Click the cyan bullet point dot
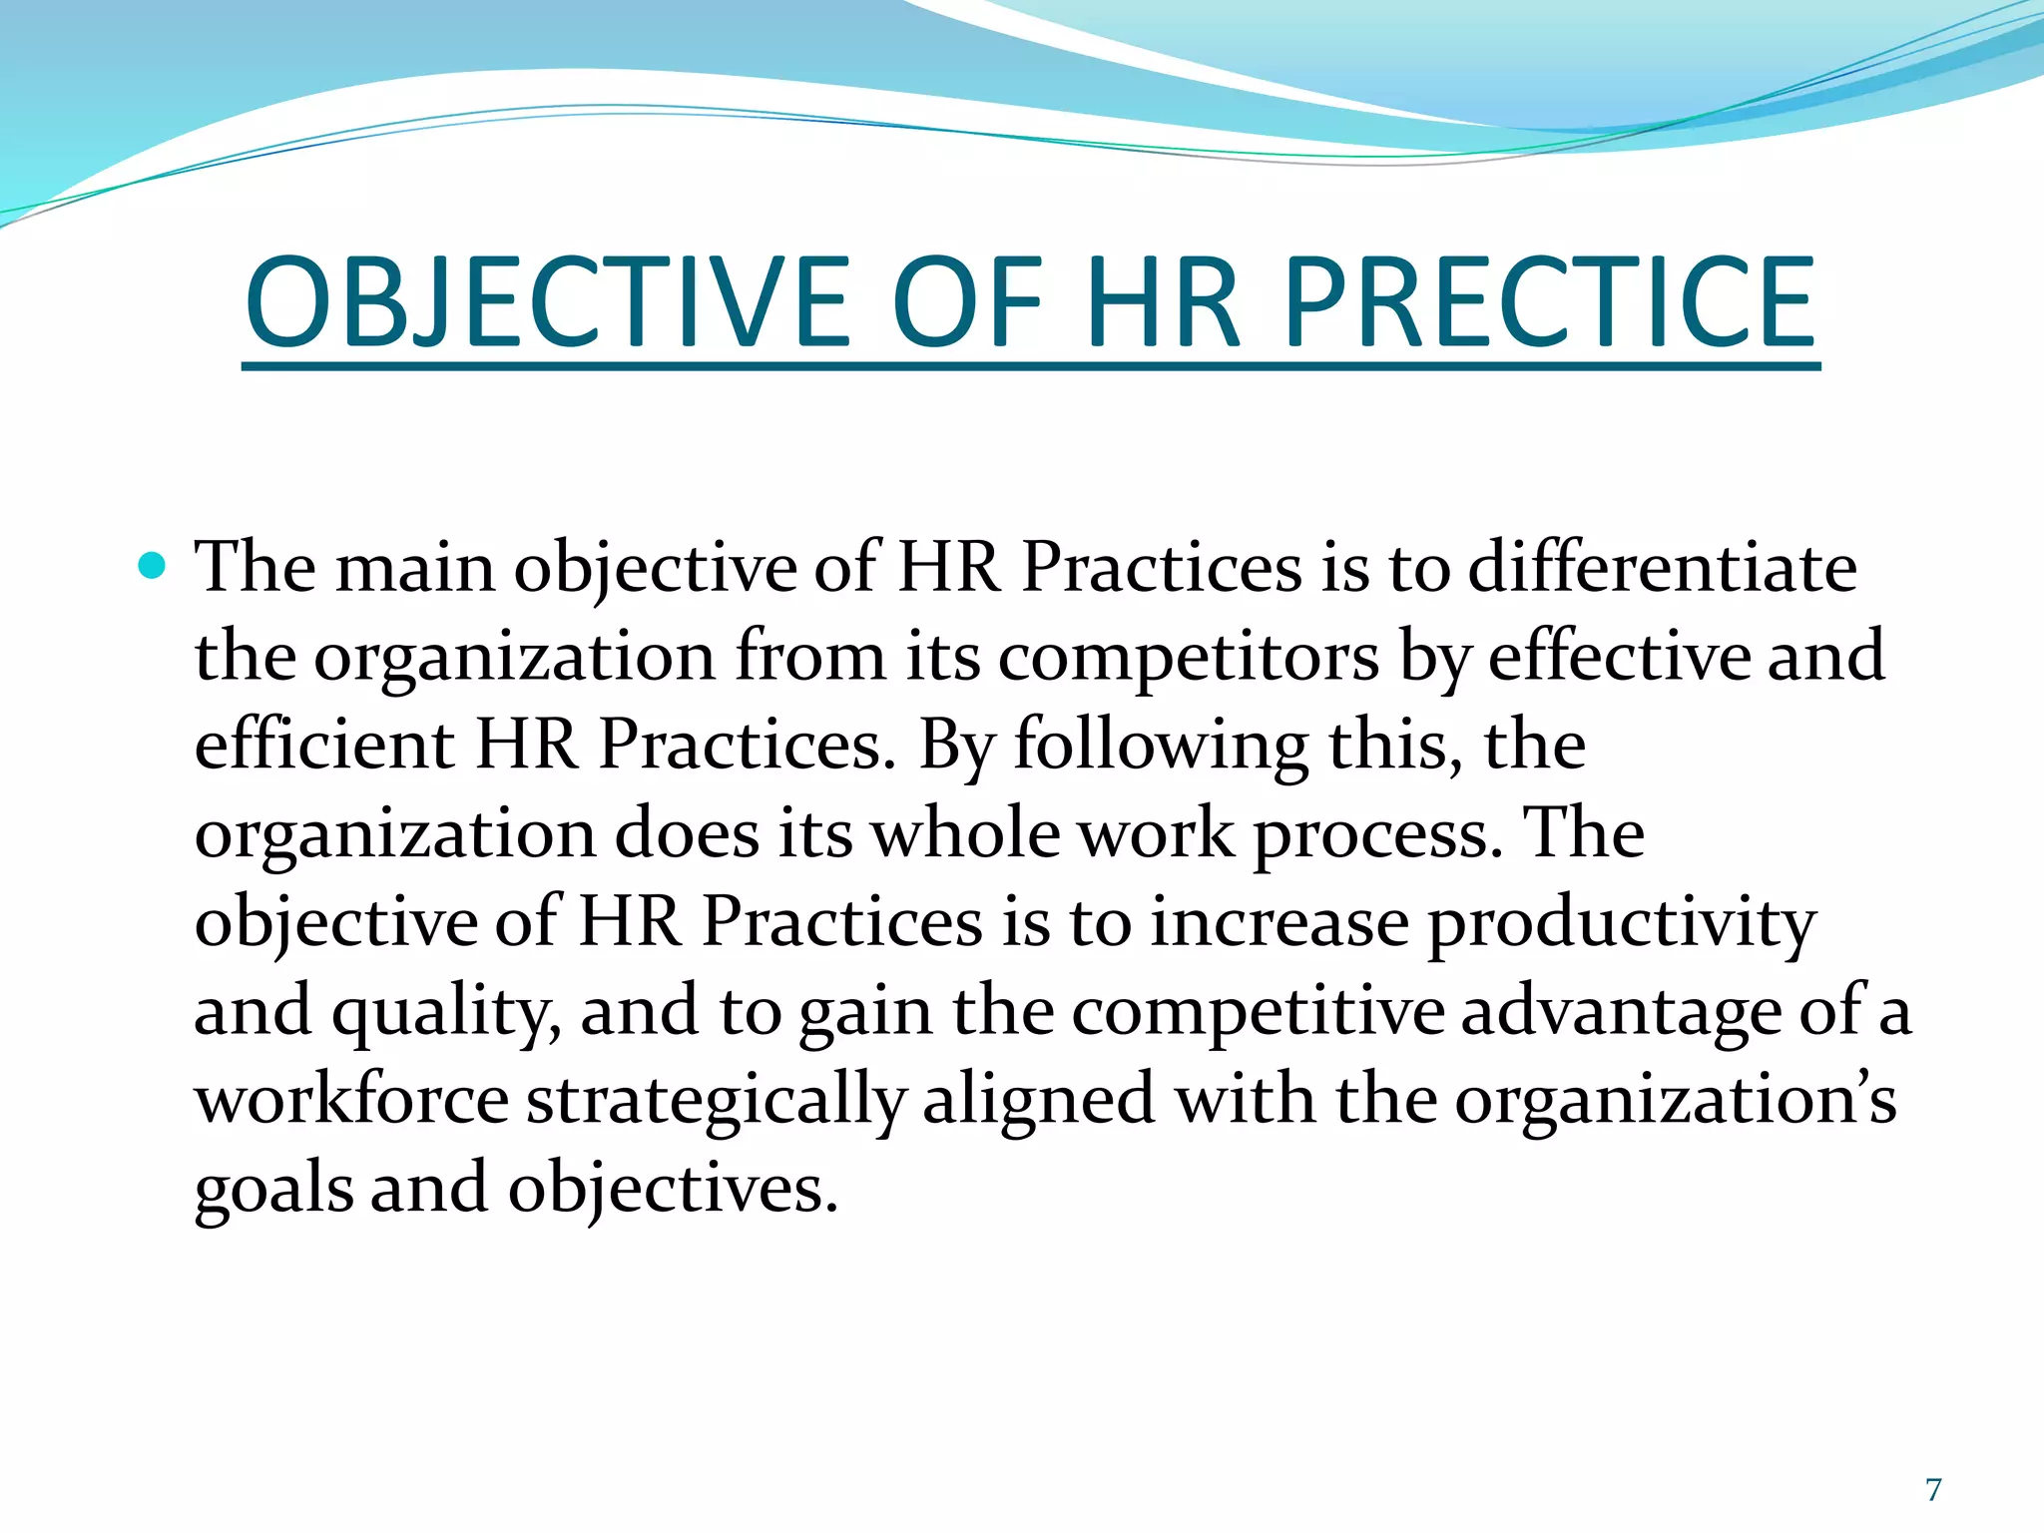tap(153, 567)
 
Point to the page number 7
tap(1933, 1490)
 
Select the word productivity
tap(1622, 922)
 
